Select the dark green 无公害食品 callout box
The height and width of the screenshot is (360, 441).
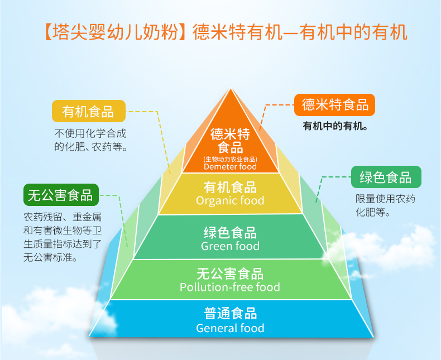pyautogui.click(x=60, y=195)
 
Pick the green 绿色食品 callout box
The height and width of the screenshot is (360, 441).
pyautogui.click(x=385, y=177)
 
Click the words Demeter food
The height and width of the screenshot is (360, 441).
pyautogui.click(x=230, y=166)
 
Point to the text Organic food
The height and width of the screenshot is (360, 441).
pyautogui.click(x=230, y=200)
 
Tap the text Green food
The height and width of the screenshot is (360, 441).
pyautogui.click(x=230, y=246)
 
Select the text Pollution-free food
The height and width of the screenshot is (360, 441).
pyautogui.click(x=230, y=287)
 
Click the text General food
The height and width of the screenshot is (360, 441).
pyautogui.click(x=230, y=328)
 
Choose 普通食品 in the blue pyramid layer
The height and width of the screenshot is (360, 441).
pyautogui.click(x=230, y=314)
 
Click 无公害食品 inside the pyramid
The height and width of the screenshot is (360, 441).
pyautogui.click(x=230, y=273)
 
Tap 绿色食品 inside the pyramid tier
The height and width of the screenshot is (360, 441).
pyautogui.click(x=230, y=232)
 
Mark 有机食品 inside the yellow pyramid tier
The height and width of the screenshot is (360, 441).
pyautogui.click(x=230, y=186)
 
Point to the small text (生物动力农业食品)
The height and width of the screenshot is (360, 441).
pyautogui.click(x=230, y=159)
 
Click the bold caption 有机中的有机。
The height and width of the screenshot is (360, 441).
pyautogui.click(x=335, y=126)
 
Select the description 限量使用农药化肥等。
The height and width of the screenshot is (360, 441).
pyautogui.click(x=385, y=205)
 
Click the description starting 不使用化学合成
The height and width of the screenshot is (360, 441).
pyautogui.click(x=90, y=141)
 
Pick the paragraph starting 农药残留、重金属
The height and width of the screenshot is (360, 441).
pyautogui.click(x=62, y=237)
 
